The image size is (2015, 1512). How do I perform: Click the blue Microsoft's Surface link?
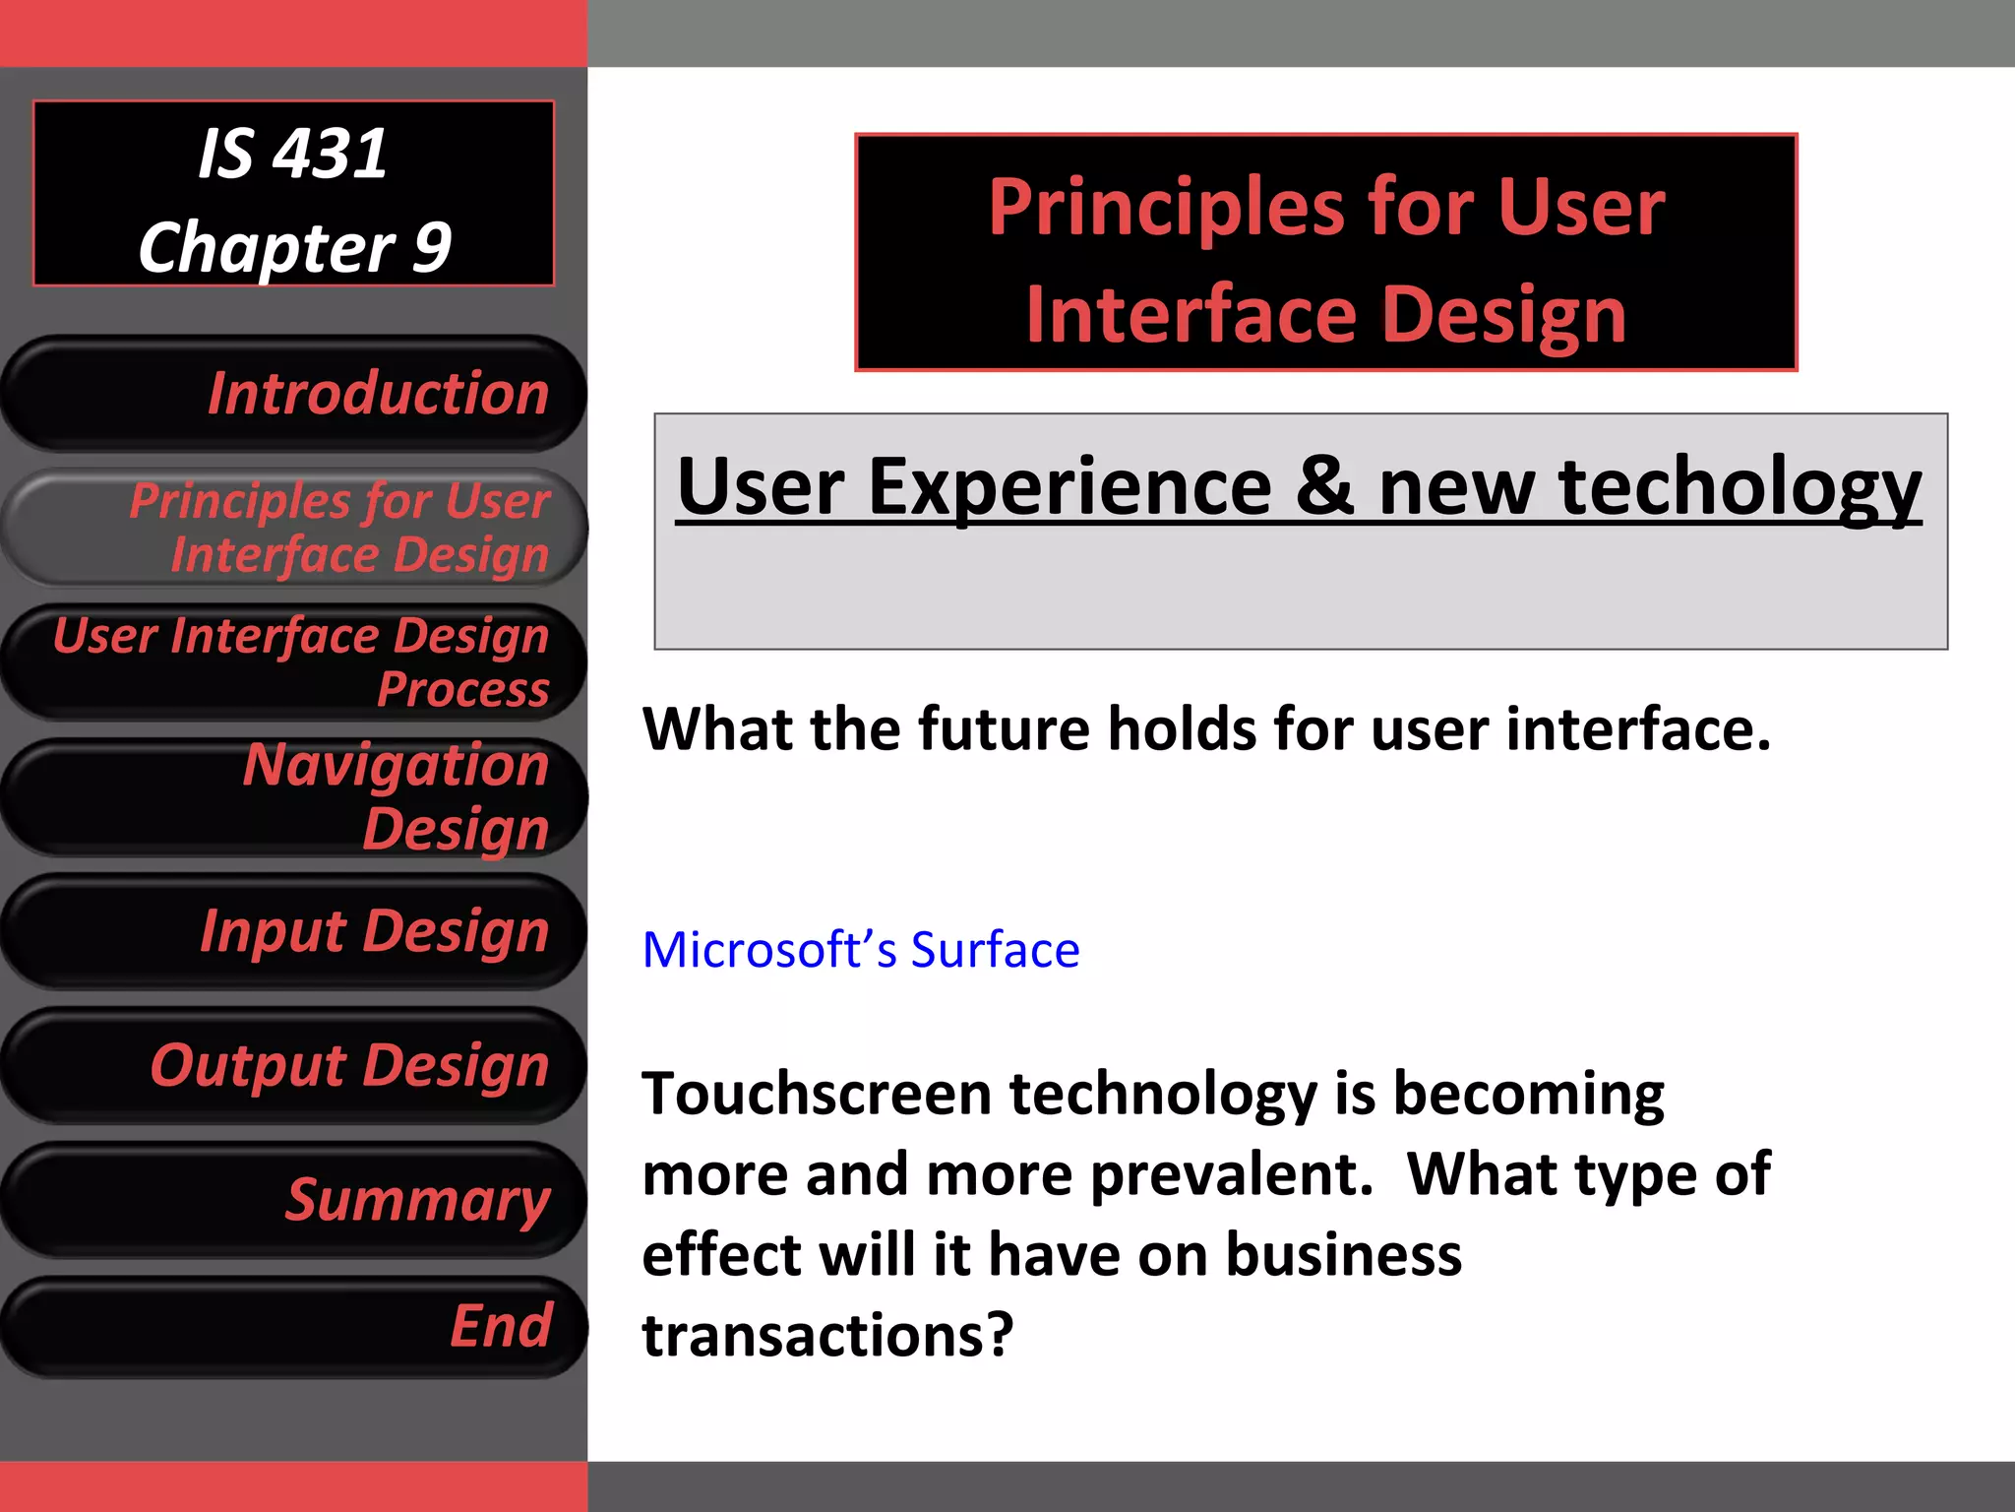(860, 950)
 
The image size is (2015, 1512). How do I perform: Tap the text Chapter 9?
(294, 247)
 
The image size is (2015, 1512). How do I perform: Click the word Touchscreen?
(815, 1094)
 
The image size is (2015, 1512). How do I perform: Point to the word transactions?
(827, 1336)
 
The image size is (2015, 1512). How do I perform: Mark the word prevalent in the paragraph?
(1232, 1174)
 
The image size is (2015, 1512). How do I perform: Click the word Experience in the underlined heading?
(1070, 486)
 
